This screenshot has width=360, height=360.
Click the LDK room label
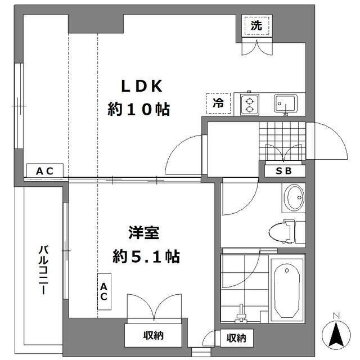(142, 86)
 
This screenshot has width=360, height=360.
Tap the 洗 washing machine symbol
(256, 26)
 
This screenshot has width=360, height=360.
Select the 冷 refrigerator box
(218, 103)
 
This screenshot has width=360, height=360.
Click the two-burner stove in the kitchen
(250, 105)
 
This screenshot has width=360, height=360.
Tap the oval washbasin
(294, 197)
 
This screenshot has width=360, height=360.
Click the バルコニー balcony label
(43, 270)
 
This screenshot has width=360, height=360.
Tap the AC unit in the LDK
(45, 170)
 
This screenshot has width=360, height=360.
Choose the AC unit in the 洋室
(104, 291)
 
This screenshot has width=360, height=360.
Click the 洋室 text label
(144, 233)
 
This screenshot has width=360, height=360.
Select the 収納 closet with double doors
(153, 335)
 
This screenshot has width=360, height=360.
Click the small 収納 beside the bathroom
(236, 338)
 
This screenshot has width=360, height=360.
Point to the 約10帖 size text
(139, 109)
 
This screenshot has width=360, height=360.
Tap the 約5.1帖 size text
(146, 256)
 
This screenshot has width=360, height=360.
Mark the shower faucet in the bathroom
(241, 314)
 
